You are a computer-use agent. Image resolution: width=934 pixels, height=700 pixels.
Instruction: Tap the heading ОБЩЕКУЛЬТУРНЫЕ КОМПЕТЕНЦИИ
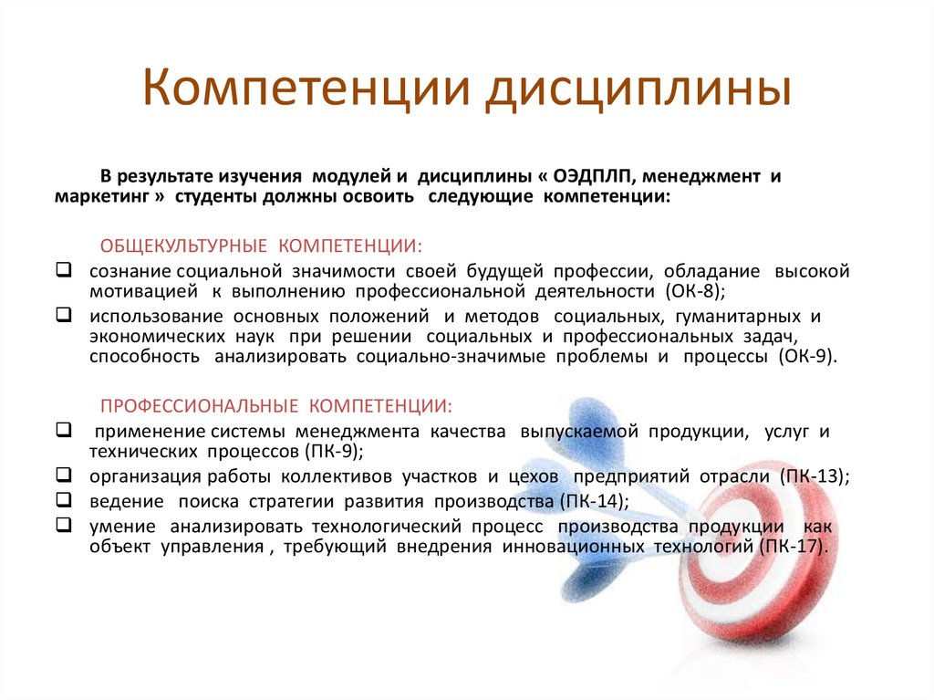point(261,246)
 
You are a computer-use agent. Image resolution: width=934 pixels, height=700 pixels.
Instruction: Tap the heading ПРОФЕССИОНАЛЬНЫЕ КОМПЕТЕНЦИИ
point(275,404)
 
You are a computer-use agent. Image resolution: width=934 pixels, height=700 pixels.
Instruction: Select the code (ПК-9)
point(332,451)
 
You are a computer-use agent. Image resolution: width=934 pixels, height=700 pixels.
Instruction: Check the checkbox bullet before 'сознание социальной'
point(64,270)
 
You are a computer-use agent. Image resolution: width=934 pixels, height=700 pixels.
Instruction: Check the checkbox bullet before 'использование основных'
point(64,316)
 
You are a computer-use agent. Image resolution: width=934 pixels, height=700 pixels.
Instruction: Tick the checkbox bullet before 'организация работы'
point(64,475)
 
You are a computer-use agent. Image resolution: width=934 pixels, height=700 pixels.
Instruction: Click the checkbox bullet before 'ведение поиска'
point(64,499)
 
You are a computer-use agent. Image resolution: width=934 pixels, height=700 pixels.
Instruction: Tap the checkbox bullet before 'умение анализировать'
point(64,525)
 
